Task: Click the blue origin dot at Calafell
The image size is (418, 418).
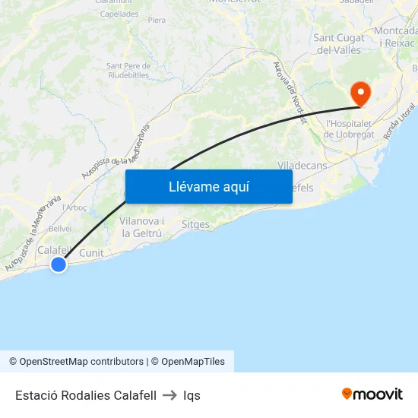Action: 59,264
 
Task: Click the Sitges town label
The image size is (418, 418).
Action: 195,224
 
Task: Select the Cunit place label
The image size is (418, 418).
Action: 91,253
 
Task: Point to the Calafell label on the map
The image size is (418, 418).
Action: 55,249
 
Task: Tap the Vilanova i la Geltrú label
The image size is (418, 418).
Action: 142,227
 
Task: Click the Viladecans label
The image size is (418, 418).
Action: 303,165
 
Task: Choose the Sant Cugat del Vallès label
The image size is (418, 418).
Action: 339,43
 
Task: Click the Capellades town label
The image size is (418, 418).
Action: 119,14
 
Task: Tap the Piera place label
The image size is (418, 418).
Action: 157,21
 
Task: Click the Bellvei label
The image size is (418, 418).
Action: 60,228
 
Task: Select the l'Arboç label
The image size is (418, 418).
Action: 74,207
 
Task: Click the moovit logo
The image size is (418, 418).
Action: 372,394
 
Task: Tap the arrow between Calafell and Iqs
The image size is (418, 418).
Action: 169,395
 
